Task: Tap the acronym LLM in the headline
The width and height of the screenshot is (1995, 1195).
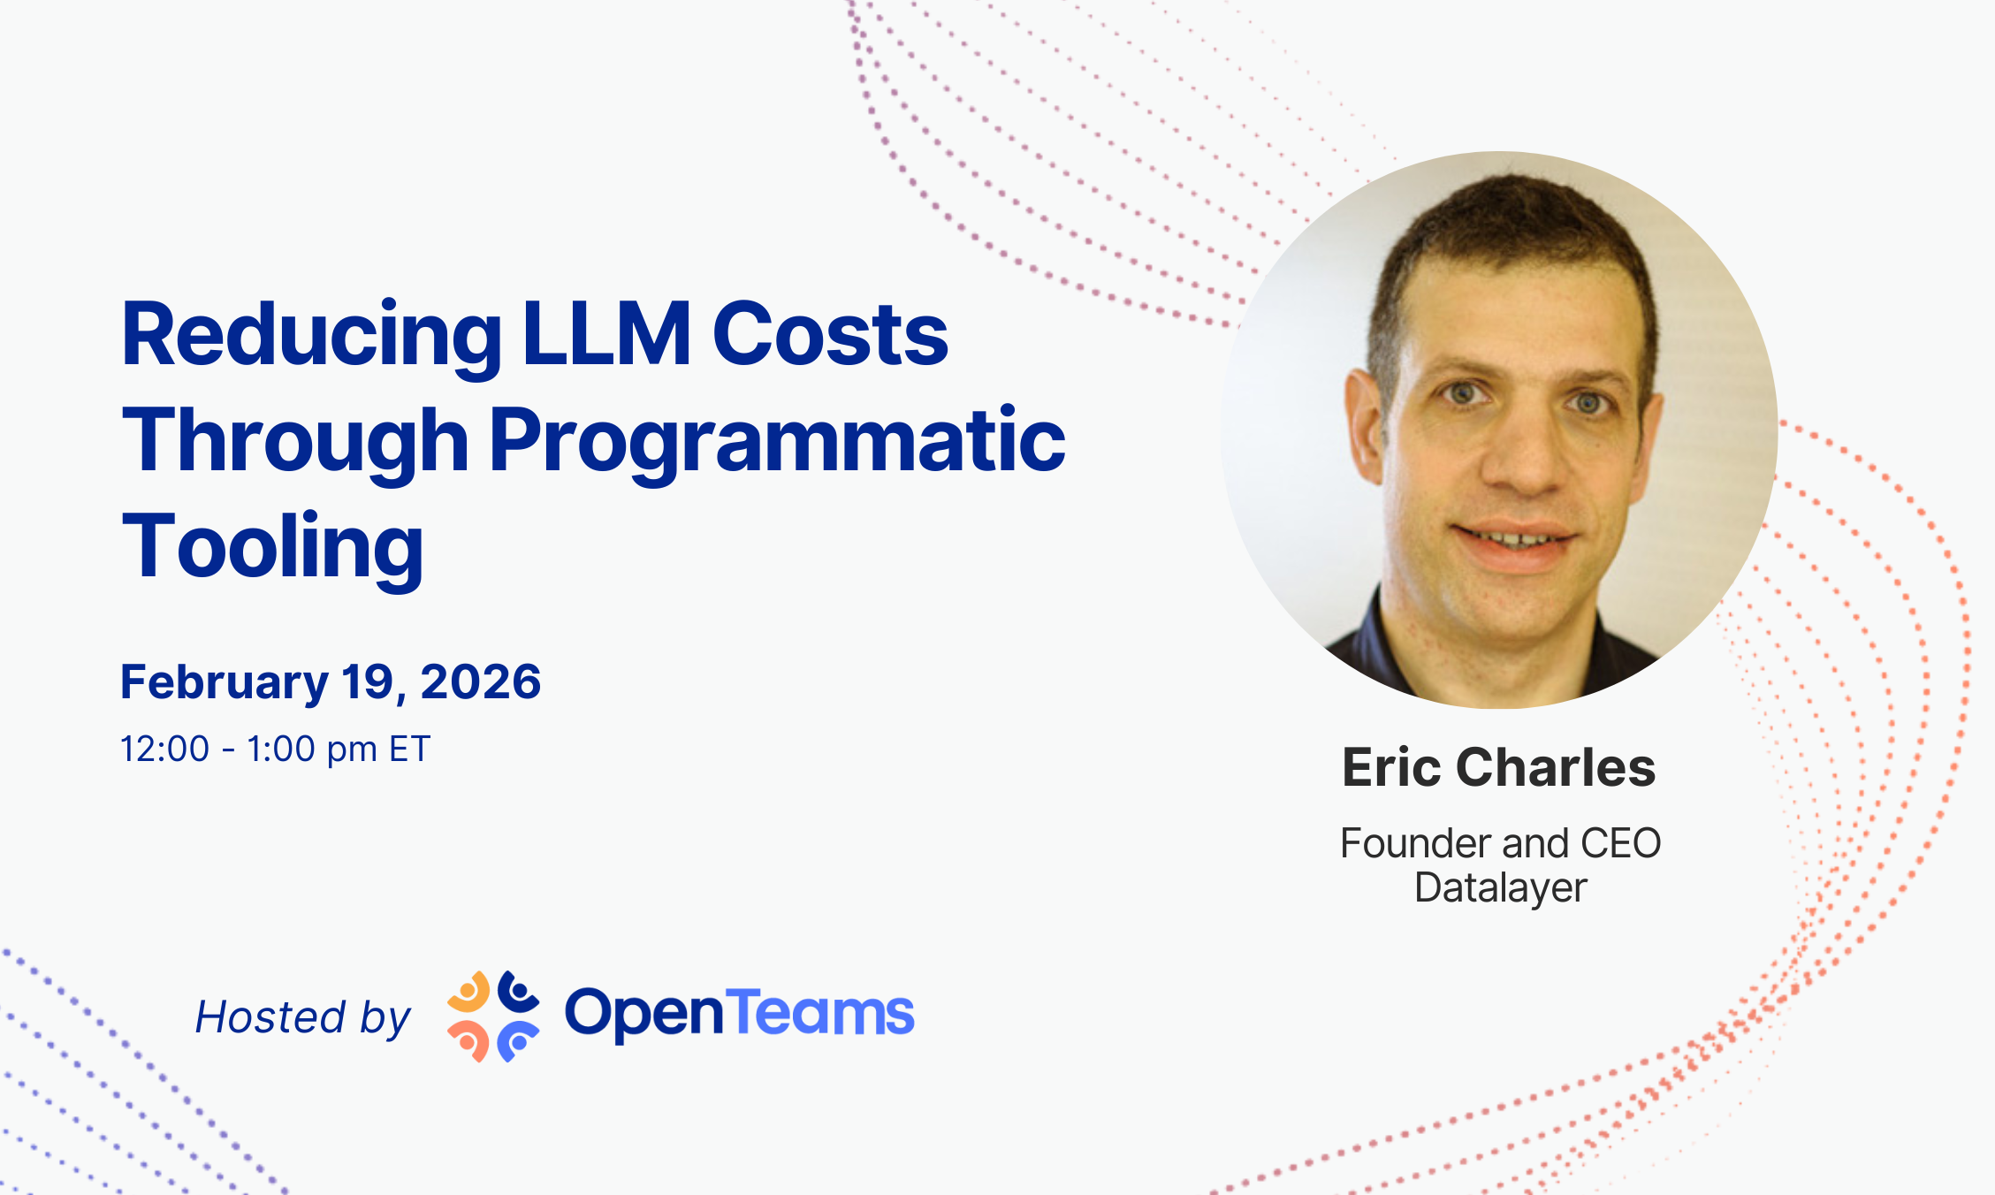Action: (x=607, y=333)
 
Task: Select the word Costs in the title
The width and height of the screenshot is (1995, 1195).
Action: (x=830, y=333)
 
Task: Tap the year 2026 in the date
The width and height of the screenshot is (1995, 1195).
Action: (x=481, y=681)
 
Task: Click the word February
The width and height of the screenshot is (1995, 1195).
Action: (x=225, y=683)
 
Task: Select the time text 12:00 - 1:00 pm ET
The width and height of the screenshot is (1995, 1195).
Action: (x=275, y=750)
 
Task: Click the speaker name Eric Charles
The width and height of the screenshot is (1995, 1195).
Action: (x=1499, y=766)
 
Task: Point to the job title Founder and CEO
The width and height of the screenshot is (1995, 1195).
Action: (x=1501, y=843)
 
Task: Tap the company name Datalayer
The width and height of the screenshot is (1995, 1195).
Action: (x=1501, y=888)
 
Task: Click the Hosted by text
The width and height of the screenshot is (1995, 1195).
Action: (x=303, y=1017)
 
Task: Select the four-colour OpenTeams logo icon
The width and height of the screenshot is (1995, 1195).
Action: (x=493, y=1016)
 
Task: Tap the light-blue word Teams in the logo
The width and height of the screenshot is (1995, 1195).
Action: (x=820, y=1012)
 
